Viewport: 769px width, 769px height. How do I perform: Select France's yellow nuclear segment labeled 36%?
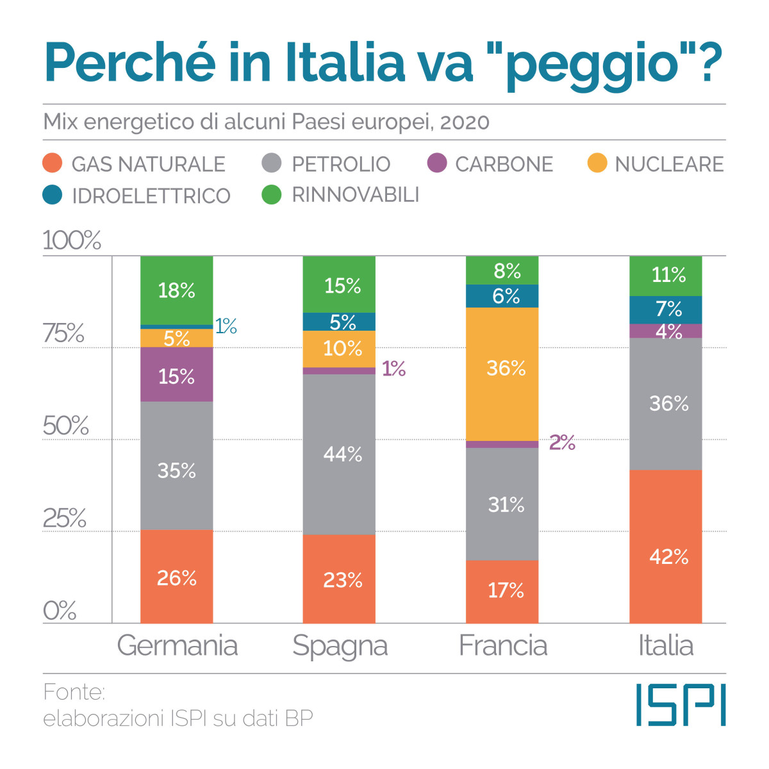[502, 374]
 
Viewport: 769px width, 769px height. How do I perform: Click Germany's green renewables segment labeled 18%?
[176, 290]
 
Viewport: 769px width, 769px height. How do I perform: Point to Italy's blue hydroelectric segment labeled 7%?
[666, 310]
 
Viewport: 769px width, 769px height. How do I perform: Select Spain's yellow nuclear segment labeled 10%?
[339, 349]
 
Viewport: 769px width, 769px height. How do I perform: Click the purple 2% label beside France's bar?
[562, 443]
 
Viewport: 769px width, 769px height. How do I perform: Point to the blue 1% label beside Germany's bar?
[226, 327]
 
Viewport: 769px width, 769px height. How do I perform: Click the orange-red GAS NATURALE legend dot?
[53, 163]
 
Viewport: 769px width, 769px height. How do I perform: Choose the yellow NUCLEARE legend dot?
[597, 163]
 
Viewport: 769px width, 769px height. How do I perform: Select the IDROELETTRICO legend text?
[151, 195]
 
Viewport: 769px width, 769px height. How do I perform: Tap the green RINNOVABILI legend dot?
[272, 195]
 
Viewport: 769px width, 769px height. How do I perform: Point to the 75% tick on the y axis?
[63, 333]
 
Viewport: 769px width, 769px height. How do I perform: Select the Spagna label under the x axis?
[340, 646]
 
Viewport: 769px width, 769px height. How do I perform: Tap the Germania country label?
[177, 645]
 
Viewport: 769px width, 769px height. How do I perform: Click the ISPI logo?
[681, 705]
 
